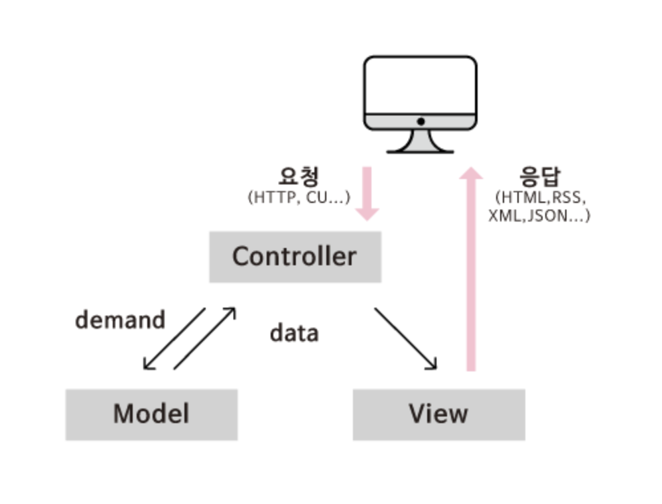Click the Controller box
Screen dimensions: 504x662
(295, 257)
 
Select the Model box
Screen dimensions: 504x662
(151, 414)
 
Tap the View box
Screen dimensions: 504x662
(438, 414)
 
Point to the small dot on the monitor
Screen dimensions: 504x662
(421, 122)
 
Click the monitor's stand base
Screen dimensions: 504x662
(421, 150)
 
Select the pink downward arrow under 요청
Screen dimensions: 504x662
(367, 194)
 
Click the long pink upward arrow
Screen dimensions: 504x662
(471, 272)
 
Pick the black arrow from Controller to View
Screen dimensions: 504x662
(405, 338)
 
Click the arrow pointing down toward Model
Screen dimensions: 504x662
(174, 338)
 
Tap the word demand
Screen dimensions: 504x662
(120, 320)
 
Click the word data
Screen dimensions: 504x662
(294, 333)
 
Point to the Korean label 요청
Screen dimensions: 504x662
(298, 177)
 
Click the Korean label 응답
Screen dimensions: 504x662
(540, 177)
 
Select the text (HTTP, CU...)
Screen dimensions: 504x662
(298, 198)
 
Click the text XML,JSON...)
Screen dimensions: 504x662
(539, 216)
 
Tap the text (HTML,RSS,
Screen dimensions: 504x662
(540, 198)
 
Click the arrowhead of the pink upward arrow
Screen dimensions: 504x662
(471, 174)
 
